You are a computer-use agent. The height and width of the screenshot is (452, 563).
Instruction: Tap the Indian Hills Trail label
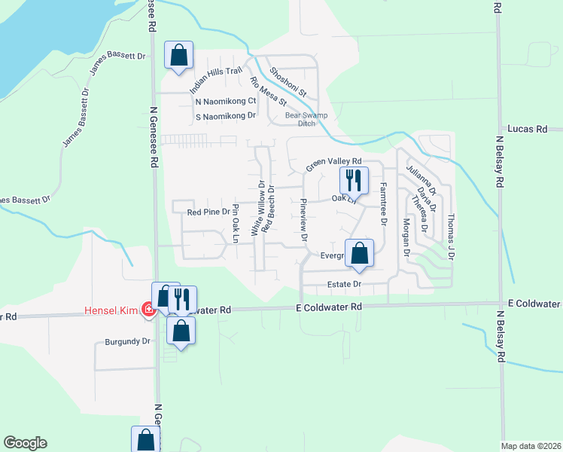point(216,81)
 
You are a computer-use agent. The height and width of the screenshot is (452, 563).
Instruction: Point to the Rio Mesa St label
point(268,90)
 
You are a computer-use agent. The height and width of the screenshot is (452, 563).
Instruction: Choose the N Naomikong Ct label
point(226,101)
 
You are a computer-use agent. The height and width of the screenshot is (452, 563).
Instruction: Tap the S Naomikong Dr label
point(226,116)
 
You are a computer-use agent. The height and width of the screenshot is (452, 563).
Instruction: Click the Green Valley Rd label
point(333,163)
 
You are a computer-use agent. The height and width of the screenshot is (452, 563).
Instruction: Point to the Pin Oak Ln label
point(236,223)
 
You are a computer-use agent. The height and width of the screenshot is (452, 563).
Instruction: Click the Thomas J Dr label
point(452,236)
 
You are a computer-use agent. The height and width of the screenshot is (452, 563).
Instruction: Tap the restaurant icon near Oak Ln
point(353,180)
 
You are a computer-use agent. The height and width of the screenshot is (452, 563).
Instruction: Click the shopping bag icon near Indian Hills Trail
point(178,55)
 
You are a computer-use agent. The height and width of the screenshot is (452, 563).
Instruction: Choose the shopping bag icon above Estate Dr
point(359,253)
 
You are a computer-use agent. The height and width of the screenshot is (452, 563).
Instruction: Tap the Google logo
point(25,443)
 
